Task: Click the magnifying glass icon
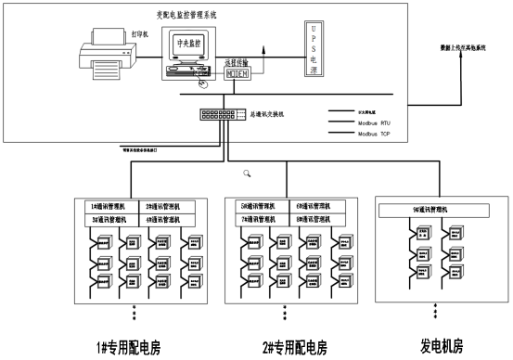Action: tap(247, 173)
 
